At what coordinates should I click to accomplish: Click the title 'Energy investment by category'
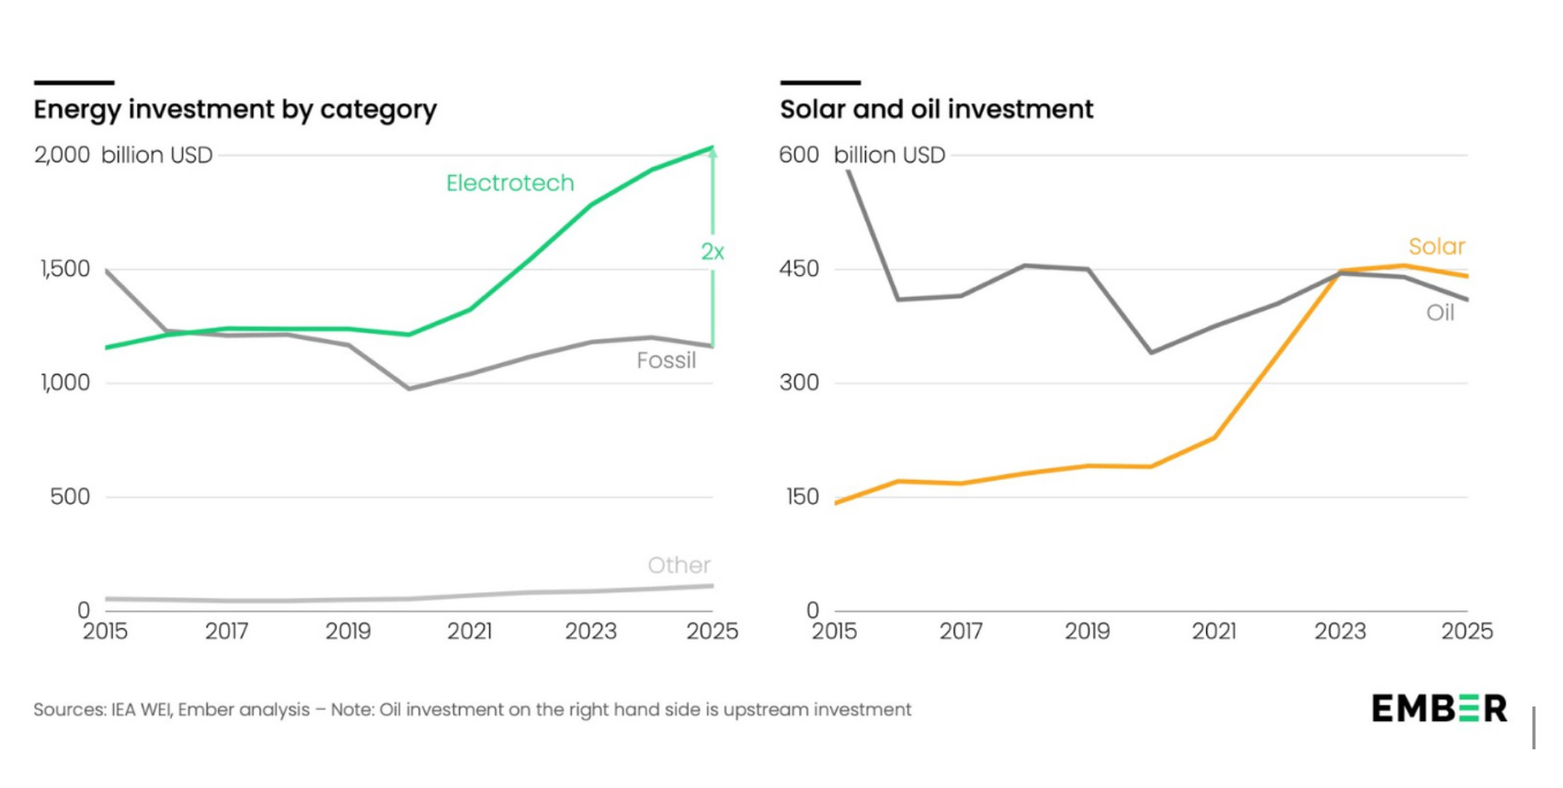(234, 110)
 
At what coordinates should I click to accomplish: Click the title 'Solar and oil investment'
(936, 110)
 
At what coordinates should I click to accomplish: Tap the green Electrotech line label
(510, 183)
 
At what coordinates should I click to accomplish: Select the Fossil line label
(666, 360)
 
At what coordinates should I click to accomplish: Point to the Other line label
(679, 566)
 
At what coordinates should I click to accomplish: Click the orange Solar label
(1436, 246)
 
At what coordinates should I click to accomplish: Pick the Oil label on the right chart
(1440, 312)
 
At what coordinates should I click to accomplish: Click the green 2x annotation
(712, 252)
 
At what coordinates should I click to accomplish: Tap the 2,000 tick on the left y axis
(62, 155)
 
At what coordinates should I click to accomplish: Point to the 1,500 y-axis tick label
(65, 269)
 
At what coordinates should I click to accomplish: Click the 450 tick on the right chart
(799, 269)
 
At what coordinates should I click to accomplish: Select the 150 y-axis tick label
(799, 497)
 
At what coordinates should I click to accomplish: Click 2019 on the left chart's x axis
(348, 632)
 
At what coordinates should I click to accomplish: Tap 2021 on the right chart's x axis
(1214, 632)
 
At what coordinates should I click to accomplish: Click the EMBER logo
(1439, 708)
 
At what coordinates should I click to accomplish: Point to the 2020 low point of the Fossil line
(409, 388)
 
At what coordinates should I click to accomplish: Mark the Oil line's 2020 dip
(1151, 352)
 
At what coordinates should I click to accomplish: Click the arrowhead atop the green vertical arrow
(712, 153)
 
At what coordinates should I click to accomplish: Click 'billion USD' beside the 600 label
(889, 155)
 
